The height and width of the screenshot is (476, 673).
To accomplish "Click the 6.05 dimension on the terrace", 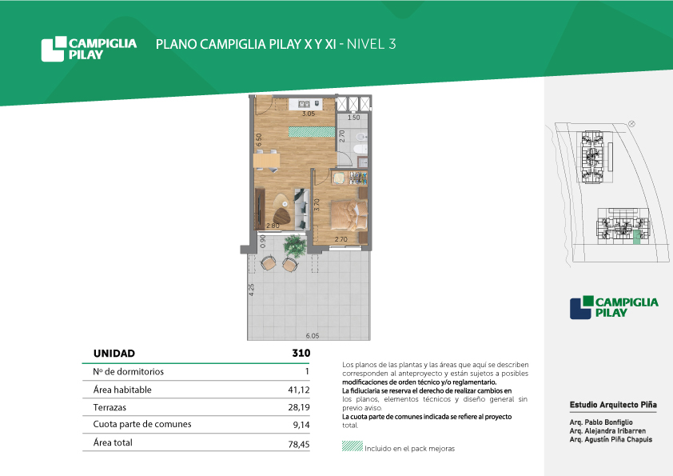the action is pyautogui.click(x=313, y=336).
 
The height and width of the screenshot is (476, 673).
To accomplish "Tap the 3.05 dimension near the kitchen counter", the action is pyautogui.click(x=309, y=114).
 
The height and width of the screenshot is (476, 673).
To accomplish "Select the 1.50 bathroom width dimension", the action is pyautogui.click(x=353, y=118).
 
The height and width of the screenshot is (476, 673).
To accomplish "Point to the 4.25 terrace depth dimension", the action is pyautogui.click(x=252, y=289).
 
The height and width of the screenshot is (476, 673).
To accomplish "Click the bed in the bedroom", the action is pyautogui.click(x=348, y=216).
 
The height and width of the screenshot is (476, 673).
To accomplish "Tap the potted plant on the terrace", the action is pyautogui.click(x=294, y=246).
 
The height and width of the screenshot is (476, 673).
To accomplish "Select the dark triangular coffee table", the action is pyautogui.click(x=281, y=216).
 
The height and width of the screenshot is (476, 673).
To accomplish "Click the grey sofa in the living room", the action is pyautogui.click(x=301, y=208).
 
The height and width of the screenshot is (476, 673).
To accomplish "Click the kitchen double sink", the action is pyautogui.click(x=304, y=103).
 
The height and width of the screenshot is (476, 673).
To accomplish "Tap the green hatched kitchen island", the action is pyautogui.click(x=312, y=132).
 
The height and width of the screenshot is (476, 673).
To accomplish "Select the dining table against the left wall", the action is pyautogui.click(x=266, y=161).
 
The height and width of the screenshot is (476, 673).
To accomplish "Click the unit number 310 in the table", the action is pyautogui.click(x=301, y=353).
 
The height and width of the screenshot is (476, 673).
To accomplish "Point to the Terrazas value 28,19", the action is pyautogui.click(x=299, y=407).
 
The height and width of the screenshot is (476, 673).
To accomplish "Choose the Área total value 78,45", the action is pyautogui.click(x=299, y=444).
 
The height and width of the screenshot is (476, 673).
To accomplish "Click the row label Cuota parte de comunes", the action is pyautogui.click(x=142, y=424).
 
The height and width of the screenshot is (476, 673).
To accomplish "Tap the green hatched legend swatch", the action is pyautogui.click(x=352, y=446).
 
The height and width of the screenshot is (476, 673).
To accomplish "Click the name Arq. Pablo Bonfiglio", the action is pyautogui.click(x=601, y=422).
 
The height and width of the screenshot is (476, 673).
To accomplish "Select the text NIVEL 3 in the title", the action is pyautogui.click(x=371, y=44).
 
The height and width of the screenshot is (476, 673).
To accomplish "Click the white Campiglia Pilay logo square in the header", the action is pyautogui.click(x=54, y=49).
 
